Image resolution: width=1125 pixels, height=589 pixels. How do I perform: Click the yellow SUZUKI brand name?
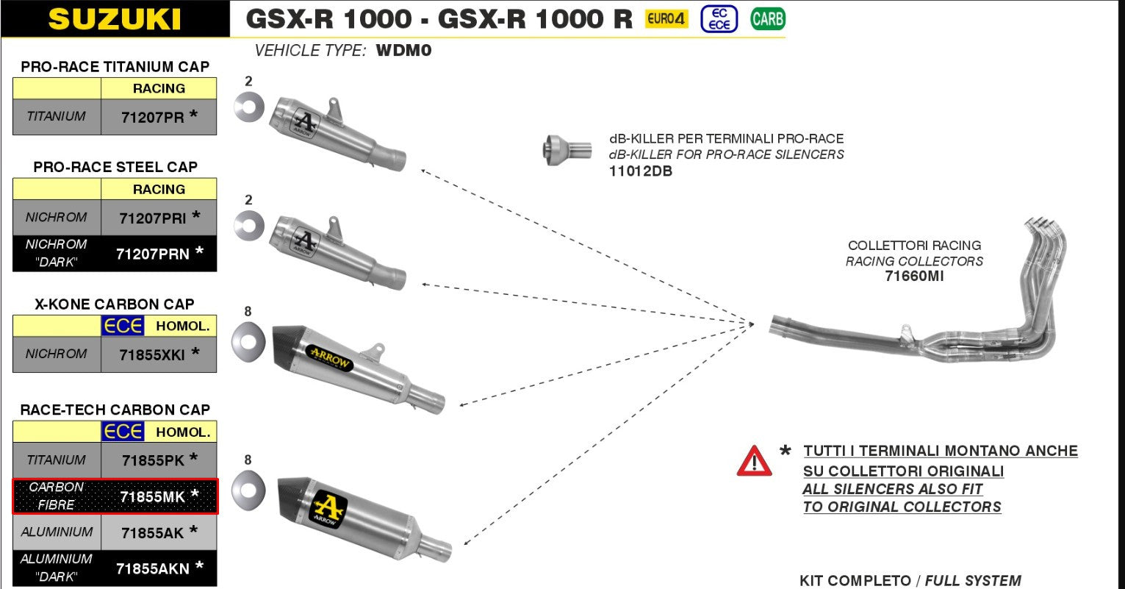click(115, 19)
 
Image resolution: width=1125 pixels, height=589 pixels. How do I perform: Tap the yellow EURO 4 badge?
click(666, 19)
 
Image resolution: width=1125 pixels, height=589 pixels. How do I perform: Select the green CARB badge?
click(767, 18)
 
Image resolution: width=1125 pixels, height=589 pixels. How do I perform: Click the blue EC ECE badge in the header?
click(719, 18)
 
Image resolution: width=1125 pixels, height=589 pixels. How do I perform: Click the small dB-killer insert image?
click(567, 150)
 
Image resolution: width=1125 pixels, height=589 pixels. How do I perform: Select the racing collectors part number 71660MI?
click(914, 276)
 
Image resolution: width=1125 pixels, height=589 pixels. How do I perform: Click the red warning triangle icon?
click(754, 462)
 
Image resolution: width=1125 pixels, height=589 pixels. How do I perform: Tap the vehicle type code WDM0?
click(403, 51)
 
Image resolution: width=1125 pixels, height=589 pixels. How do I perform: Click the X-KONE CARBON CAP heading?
click(115, 304)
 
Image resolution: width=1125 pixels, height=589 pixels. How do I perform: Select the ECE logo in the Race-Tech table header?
click(123, 432)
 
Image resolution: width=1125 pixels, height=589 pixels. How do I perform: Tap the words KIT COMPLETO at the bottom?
click(855, 581)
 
